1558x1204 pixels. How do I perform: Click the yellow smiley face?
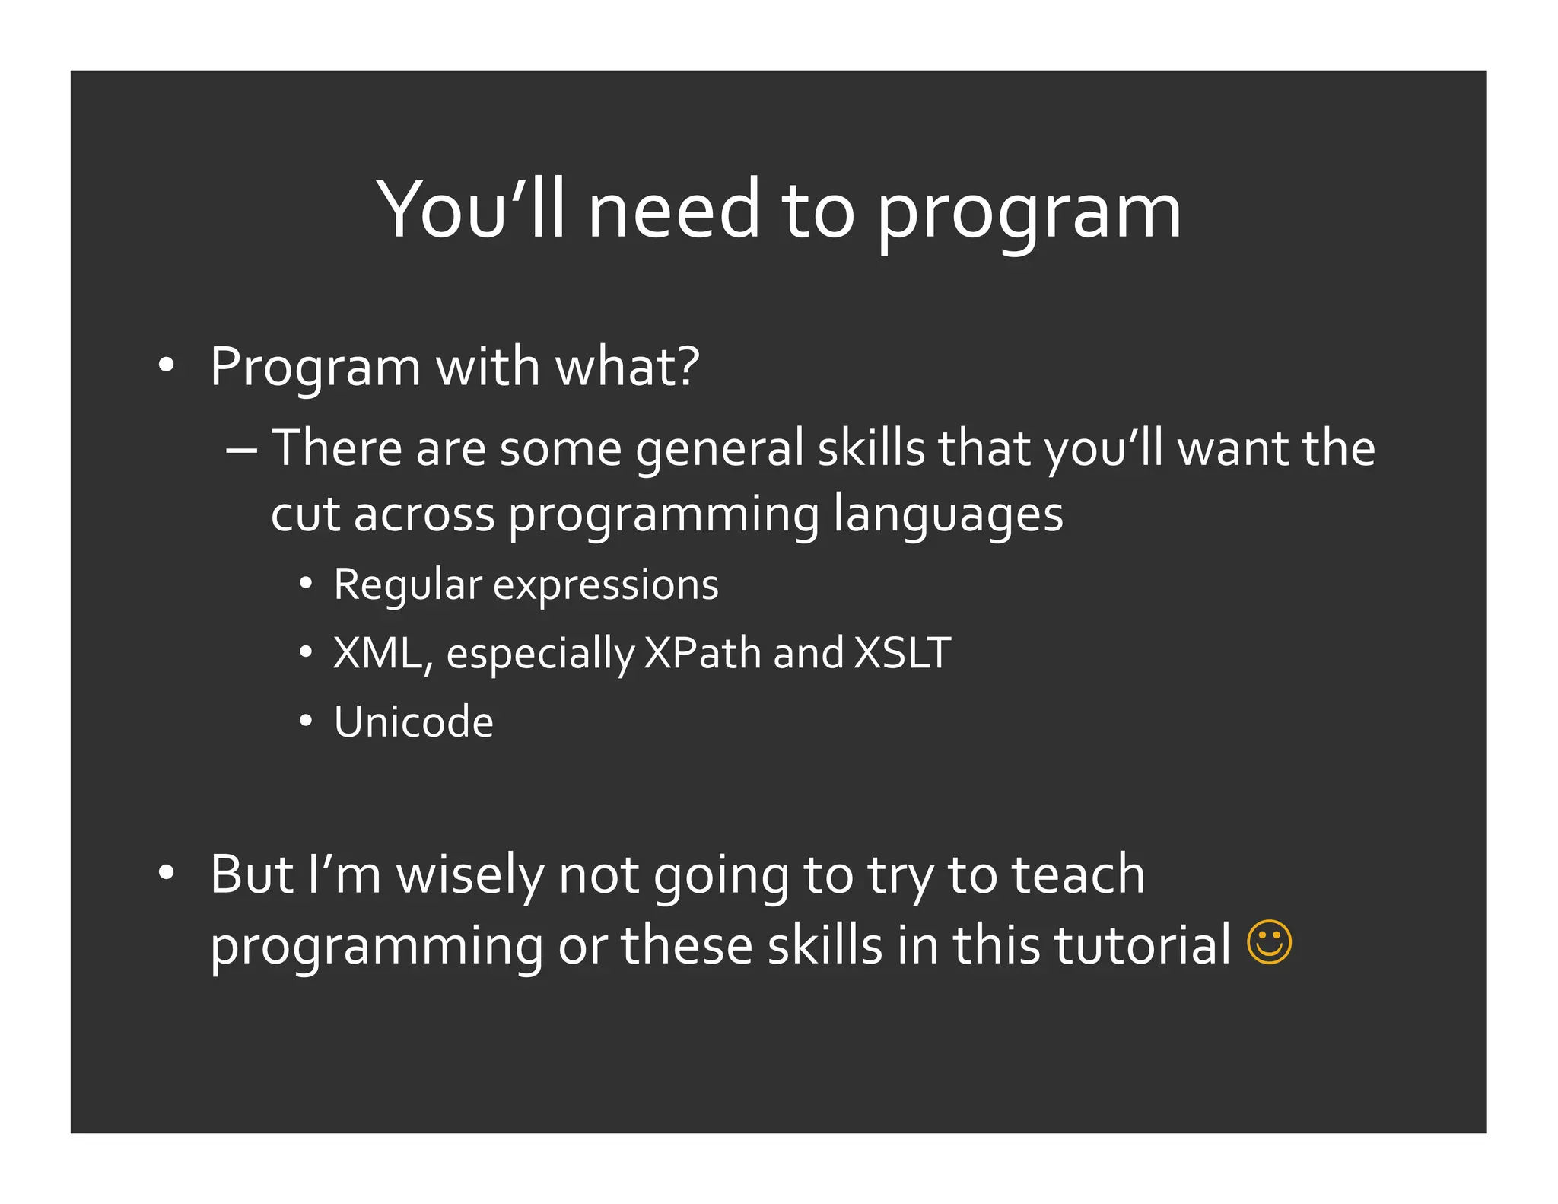(1269, 943)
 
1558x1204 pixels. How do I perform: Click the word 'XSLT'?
(902, 653)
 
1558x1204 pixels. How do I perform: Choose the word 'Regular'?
(408, 584)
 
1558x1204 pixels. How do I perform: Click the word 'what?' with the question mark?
(627, 367)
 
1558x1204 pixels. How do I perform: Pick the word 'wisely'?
(470, 875)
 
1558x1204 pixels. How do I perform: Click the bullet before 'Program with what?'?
(167, 366)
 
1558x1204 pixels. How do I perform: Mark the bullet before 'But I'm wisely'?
(167, 874)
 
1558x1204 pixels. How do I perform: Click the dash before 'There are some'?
(241, 449)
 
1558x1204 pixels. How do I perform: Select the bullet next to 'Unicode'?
(306, 721)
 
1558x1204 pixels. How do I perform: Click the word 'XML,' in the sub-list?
(383, 654)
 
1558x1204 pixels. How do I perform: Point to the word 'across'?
(424, 515)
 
